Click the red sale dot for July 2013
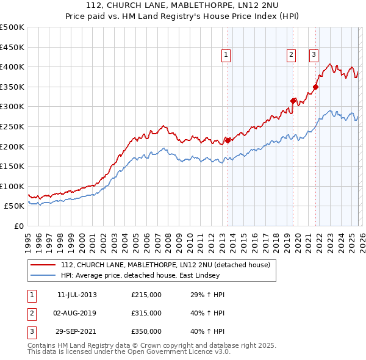point(228,140)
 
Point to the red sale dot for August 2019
point(293,101)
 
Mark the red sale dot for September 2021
point(316,87)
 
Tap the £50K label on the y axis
point(14,206)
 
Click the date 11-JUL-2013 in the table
point(77,295)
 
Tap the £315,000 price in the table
point(146,313)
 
